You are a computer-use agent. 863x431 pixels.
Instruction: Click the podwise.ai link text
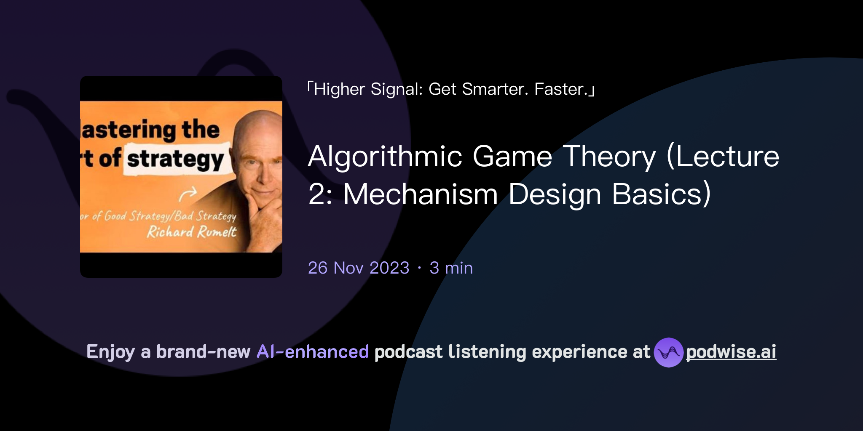(731, 352)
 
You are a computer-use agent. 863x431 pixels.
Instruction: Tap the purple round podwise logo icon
(668, 352)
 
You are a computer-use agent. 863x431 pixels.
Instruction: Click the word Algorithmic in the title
(385, 157)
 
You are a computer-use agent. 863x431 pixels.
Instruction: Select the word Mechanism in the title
(421, 194)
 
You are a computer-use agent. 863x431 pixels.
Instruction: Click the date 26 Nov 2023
(359, 268)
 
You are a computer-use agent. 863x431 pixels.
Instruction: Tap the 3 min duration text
(451, 268)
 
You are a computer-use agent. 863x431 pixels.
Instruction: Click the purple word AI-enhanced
(313, 352)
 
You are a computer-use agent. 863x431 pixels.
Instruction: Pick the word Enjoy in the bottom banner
(110, 352)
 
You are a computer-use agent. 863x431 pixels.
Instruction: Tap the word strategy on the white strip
(175, 160)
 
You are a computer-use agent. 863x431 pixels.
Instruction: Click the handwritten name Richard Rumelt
(191, 232)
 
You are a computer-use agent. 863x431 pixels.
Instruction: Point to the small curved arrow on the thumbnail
(188, 194)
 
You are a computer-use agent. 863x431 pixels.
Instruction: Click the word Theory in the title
(609, 157)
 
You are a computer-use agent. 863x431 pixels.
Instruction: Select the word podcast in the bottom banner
(408, 352)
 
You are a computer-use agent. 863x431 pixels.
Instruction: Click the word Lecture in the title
(727, 157)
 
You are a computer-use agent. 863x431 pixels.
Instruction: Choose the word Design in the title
(555, 194)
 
